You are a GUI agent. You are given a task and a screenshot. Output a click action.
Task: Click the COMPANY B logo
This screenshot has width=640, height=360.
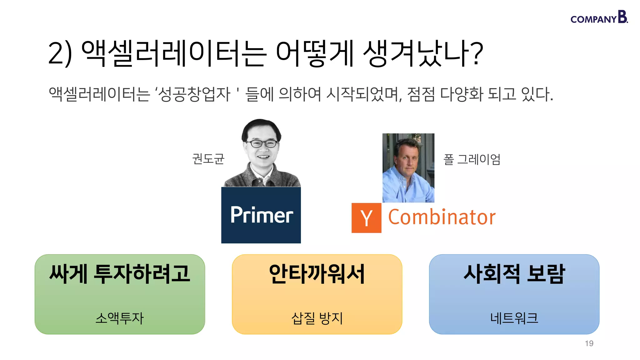tap(599, 17)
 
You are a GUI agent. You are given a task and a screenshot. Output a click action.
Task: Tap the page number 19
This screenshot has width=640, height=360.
tap(589, 343)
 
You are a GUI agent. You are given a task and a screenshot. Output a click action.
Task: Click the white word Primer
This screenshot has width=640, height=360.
tap(262, 215)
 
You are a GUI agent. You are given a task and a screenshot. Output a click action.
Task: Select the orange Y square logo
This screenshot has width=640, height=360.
tap(366, 218)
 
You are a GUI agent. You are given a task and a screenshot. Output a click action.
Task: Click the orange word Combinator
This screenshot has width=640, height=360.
tap(442, 217)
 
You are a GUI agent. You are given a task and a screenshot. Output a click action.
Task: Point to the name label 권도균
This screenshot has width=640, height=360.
tap(208, 159)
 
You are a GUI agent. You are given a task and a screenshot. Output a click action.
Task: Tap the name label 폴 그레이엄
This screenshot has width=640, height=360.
tap(472, 159)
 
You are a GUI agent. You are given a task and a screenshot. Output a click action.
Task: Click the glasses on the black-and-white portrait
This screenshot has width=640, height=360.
tap(262, 144)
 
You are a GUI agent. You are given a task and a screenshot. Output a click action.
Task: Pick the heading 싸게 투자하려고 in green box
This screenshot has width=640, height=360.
tap(120, 274)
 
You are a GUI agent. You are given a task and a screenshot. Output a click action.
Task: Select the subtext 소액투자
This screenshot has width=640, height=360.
tap(120, 318)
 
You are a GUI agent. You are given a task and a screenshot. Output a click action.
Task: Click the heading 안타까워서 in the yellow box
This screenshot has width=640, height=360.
tap(317, 274)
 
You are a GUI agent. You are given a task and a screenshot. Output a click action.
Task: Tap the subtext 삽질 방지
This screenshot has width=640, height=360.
tap(317, 318)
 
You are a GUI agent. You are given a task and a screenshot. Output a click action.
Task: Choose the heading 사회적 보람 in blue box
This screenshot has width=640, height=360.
tap(514, 274)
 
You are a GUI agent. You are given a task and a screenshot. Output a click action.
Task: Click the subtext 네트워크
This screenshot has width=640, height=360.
tap(514, 318)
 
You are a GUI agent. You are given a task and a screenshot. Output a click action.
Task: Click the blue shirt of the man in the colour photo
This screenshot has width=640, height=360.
tap(403, 187)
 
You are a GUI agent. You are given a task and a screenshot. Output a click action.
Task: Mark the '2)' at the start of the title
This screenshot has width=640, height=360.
tap(60, 54)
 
